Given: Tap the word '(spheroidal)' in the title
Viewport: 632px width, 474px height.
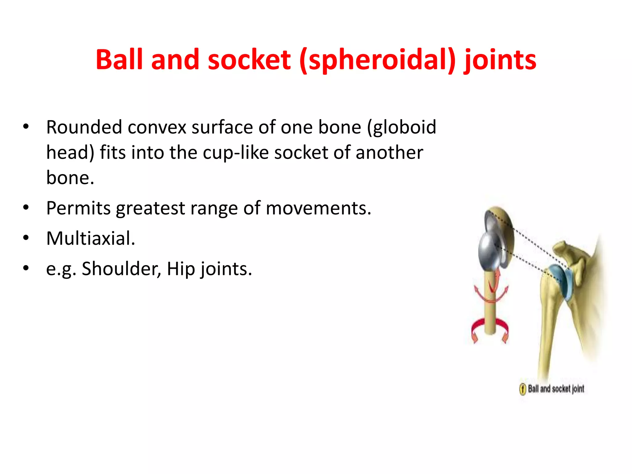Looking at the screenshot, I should (x=377, y=60).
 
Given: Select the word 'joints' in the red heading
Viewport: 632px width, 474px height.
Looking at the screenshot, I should (x=500, y=60).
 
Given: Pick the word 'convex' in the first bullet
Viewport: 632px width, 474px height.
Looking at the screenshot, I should (x=157, y=127).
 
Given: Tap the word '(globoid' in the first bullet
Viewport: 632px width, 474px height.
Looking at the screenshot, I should (x=401, y=128).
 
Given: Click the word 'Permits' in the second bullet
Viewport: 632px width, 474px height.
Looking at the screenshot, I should (x=78, y=208).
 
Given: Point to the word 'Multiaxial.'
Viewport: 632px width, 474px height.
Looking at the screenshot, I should (x=91, y=238).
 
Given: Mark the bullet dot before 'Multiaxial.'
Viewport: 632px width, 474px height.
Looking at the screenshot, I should (x=26, y=238).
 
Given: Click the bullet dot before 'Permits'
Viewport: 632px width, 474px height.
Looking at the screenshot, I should (x=26, y=208).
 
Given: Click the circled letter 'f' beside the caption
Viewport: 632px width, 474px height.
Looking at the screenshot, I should (x=522, y=389).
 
